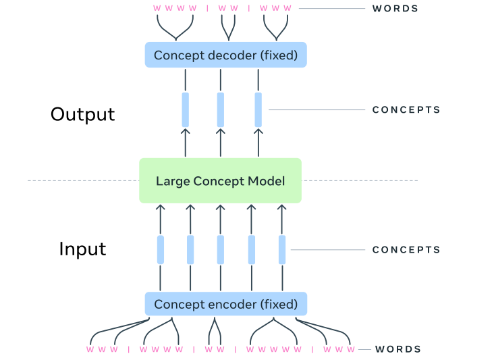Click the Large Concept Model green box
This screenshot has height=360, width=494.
click(x=220, y=180)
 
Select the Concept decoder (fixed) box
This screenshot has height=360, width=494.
click(x=225, y=55)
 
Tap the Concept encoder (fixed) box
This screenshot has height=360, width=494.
click(x=225, y=304)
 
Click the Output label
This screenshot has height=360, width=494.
click(x=82, y=114)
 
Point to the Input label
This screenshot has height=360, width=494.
click(x=82, y=249)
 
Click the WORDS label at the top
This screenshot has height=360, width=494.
click(x=395, y=9)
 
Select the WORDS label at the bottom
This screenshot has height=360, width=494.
click(x=398, y=349)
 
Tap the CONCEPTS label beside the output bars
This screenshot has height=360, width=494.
click(x=406, y=109)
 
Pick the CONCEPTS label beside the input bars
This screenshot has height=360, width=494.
click(x=406, y=250)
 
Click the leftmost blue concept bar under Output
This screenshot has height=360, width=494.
click(x=185, y=109)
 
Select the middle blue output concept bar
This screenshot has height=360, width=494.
click(x=220, y=109)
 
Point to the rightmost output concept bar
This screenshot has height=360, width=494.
click(x=258, y=109)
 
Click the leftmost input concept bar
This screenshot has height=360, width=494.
click(x=161, y=250)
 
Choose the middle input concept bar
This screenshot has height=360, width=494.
click(x=220, y=250)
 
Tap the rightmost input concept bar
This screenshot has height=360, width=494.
click(x=282, y=250)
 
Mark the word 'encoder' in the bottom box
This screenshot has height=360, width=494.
click(x=219, y=304)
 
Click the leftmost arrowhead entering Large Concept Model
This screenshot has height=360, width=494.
click(x=161, y=207)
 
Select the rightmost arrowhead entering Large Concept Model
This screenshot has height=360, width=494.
click(x=282, y=207)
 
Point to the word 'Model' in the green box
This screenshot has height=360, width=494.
click(x=266, y=181)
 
